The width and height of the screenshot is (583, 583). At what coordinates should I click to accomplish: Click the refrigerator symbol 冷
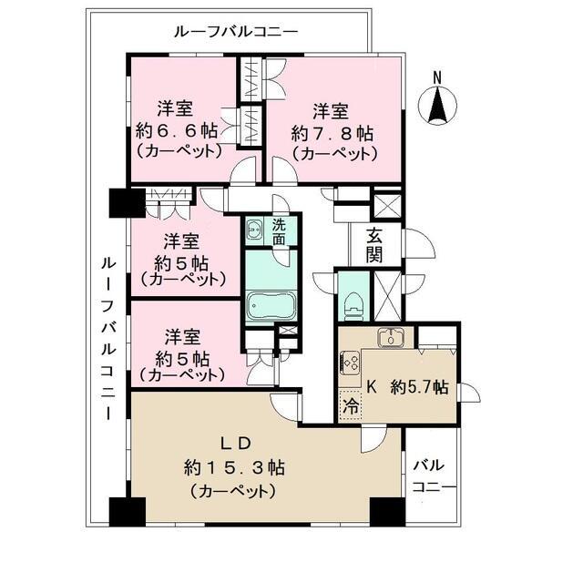click(351, 406)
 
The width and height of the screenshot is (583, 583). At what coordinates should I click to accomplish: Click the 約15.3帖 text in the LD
click(234, 468)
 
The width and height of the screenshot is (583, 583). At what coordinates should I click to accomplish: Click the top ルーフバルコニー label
click(235, 31)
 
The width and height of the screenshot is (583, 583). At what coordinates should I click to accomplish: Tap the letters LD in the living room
click(234, 443)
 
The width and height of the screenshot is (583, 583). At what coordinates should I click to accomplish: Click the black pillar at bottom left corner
click(127, 512)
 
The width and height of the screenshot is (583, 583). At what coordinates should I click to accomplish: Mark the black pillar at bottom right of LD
click(387, 512)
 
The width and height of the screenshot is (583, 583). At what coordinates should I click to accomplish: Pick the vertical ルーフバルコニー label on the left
click(106, 336)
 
